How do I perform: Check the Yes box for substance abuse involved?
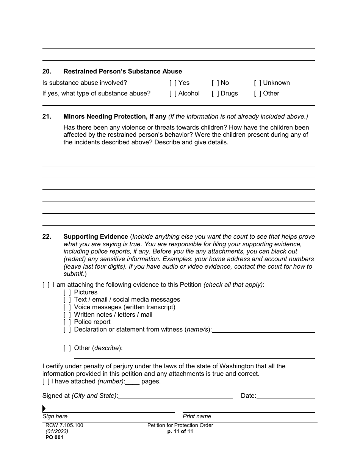click(x=173, y=83)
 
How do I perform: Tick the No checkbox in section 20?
click(x=215, y=83)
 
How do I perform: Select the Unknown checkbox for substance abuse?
click(x=258, y=83)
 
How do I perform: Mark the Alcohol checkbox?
click(x=173, y=94)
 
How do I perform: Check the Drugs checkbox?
click(x=215, y=94)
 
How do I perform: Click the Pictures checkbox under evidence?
click(x=67, y=292)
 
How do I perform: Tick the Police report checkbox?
click(x=67, y=322)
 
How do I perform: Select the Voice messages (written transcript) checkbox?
click(x=67, y=307)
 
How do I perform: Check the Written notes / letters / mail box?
click(x=67, y=315)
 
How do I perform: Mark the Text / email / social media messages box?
click(x=67, y=300)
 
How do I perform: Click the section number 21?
click(x=47, y=117)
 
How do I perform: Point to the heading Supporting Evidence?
click(x=96, y=237)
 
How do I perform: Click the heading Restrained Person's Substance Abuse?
click(x=122, y=72)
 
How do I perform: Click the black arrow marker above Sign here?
click(x=44, y=408)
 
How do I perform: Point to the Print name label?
click(x=197, y=417)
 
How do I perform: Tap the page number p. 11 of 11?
click(x=180, y=432)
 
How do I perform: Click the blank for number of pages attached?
click(x=132, y=382)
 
